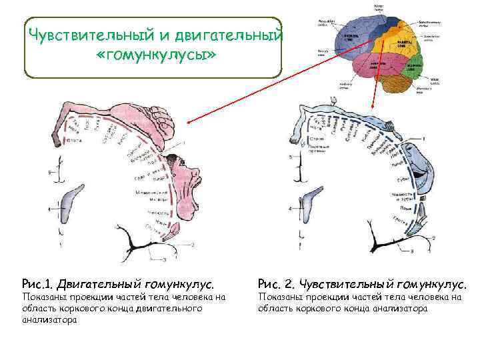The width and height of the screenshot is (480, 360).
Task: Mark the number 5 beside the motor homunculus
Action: click(49, 174)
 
